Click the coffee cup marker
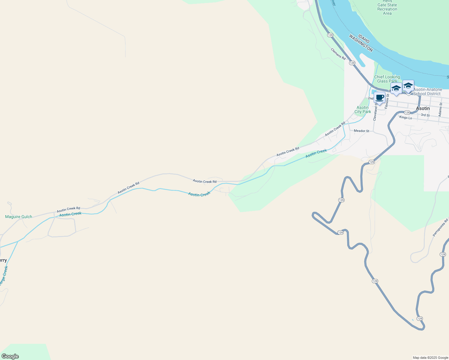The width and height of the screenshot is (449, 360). click(x=380, y=98)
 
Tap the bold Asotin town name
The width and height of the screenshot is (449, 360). click(x=423, y=108)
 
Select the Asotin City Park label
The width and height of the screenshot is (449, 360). click(x=363, y=110)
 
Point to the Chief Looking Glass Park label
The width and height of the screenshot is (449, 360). click(x=387, y=79)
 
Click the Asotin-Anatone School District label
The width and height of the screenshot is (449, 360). click(x=427, y=91)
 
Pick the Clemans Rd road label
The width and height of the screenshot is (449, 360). click(x=338, y=54)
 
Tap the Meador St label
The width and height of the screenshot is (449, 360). click(x=361, y=131)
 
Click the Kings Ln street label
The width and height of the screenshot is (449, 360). click(x=405, y=117)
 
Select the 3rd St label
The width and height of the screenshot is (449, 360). click(x=425, y=115)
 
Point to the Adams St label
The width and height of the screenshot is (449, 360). click(x=441, y=110)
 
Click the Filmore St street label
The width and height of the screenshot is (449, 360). click(x=387, y=101)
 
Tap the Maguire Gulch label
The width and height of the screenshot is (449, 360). click(x=19, y=217)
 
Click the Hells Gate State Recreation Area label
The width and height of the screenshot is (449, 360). click(x=387, y=7)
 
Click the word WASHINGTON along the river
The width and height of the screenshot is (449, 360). click(x=361, y=43)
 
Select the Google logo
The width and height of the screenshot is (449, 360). click(x=10, y=356)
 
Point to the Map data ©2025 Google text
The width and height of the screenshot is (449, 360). click(x=430, y=358)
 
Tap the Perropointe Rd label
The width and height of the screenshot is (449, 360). click(x=440, y=228)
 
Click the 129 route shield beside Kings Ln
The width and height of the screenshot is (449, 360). click(x=407, y=112)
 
